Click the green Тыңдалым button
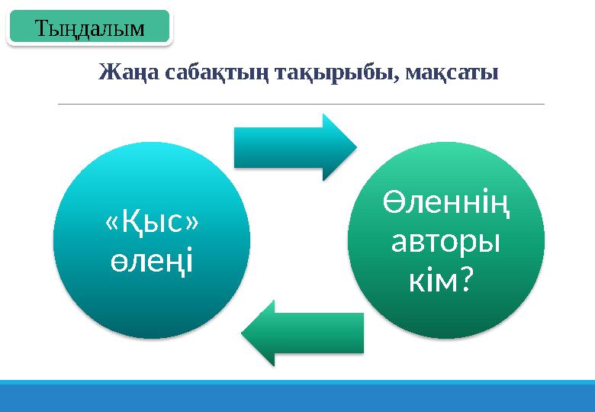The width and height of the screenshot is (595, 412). click(x=90, y=28)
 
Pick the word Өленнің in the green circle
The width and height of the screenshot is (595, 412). click(x=446, y=204)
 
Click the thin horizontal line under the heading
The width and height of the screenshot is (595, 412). click(x=301, y=103)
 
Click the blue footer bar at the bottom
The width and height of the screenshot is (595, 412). click(x=297, y=396)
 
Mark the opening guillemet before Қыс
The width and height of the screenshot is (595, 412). click(x=111, y=224)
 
